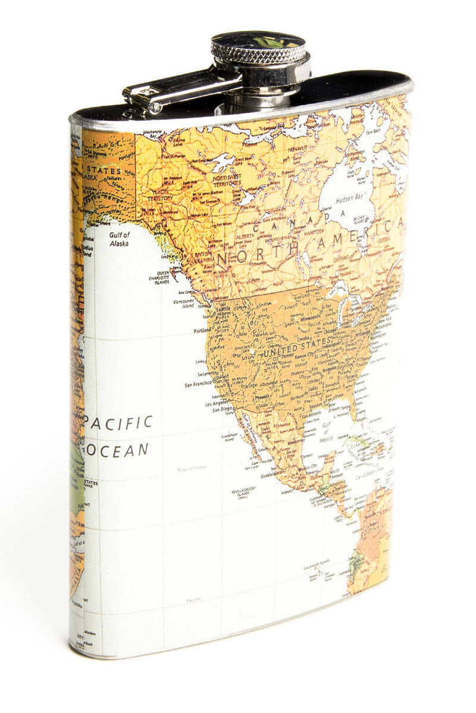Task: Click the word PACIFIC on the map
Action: (118, 422)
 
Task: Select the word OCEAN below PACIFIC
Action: (117, 450)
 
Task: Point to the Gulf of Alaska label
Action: (119, 239)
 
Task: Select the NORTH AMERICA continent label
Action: (309, 244)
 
